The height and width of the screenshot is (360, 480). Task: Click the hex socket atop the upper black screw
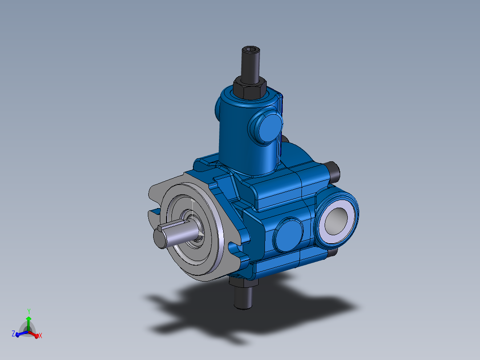point(250,49)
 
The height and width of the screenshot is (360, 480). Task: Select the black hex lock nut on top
point(249,87)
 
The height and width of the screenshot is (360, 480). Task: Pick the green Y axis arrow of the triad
point(28,322)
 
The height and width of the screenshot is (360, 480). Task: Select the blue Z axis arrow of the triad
point(20,333)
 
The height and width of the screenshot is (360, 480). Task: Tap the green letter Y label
point(28,311)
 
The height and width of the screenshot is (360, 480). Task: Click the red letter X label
point(40,335)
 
